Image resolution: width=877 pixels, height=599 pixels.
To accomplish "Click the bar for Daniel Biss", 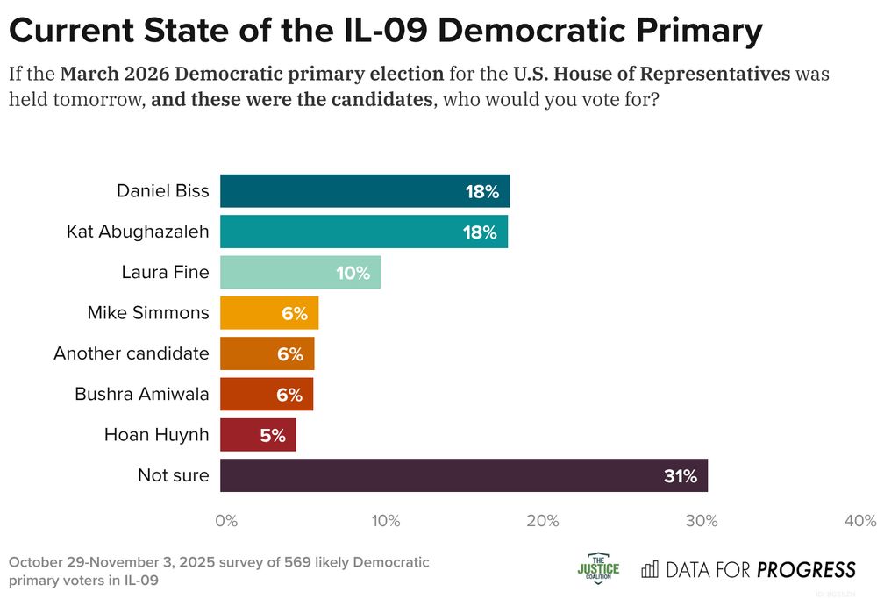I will tap(364, 191).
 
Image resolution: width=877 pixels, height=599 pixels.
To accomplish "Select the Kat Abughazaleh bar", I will tap(363, 232).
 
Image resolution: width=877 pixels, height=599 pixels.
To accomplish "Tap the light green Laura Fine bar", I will tap(300, 273).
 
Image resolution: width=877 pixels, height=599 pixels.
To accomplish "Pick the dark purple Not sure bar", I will tap(463, 475).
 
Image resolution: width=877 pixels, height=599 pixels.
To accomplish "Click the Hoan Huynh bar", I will tap(258, 435).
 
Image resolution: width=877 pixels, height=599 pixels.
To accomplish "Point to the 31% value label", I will tap(680, 476).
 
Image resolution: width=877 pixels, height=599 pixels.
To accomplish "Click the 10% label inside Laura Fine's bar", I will tap(353, 273).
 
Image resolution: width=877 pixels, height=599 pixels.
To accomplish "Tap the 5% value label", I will tap(272, 436).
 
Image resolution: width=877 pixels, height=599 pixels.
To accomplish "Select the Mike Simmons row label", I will tap(147, 313).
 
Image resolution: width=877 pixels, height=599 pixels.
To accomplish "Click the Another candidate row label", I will tap(131, 353).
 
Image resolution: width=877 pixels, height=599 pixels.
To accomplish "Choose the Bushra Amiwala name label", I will tap(141, 394).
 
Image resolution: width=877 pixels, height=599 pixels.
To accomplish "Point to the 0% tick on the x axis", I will tap(226, 521).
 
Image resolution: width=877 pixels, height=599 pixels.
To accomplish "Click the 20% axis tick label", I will tap(543, 521).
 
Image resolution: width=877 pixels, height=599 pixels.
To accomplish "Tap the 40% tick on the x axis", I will tap(859, 521).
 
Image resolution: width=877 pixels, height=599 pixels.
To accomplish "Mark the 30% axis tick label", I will tap(702, 521).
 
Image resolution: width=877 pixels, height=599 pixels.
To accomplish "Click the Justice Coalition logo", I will tap(598, 570).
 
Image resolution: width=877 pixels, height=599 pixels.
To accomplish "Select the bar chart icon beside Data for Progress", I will tap(650, 570).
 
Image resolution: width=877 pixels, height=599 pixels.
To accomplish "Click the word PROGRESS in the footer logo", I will tap(806, 570).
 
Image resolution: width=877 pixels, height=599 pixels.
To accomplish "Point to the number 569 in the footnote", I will tap(298, 562).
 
